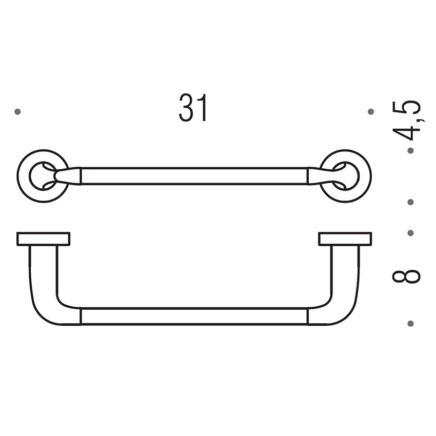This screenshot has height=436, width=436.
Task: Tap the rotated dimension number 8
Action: [407, 276]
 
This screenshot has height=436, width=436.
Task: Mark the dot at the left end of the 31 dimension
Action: [17, 111]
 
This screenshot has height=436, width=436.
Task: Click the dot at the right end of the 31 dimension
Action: [371, 111]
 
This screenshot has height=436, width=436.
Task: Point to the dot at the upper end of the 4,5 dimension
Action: [410, 151]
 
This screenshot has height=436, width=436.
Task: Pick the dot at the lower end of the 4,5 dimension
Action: [410, 202]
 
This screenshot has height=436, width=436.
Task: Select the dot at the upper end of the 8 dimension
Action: [410, 233]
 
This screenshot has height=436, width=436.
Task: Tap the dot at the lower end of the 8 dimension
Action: [410, 323]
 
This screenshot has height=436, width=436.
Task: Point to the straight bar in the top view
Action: [194, 175]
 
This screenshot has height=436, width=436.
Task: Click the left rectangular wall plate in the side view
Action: [43, 239]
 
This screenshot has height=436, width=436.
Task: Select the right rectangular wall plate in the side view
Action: [345, 239]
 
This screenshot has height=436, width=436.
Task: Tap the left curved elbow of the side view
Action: [49, 303]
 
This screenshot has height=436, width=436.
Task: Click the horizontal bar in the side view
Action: [194, 316]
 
